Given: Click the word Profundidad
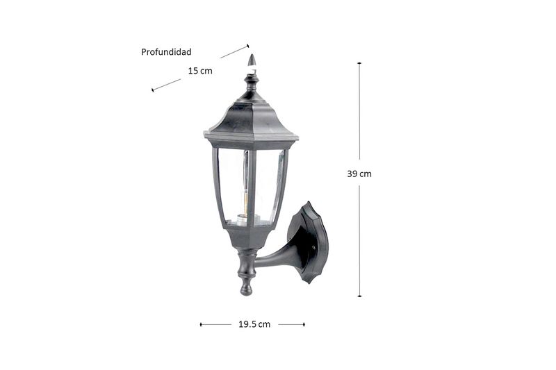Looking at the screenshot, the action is [x=166, y=52].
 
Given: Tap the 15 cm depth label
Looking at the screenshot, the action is [x=200, y=71].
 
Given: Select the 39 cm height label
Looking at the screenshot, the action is [x=359, y=174].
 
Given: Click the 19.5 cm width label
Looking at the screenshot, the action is [x=254, y=324].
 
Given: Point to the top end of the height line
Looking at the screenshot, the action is [x=359, y=63].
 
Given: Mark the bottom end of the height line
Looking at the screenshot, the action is [x=359, y=296].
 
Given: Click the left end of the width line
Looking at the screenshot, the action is [x=201, y=324].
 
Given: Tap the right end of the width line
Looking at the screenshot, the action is [x=304, y=324].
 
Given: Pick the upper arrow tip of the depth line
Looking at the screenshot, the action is [x=248, y=45].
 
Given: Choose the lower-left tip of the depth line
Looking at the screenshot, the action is [x=152, y=90].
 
